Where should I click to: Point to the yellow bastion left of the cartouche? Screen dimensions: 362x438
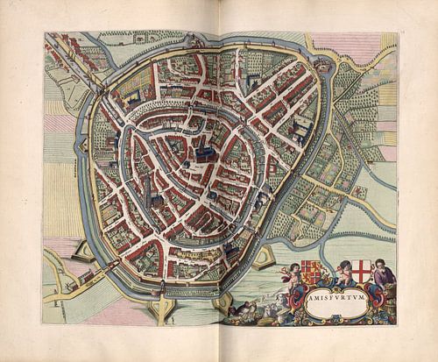pos(264,258)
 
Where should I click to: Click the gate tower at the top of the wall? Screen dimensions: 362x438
pos(191,41)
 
